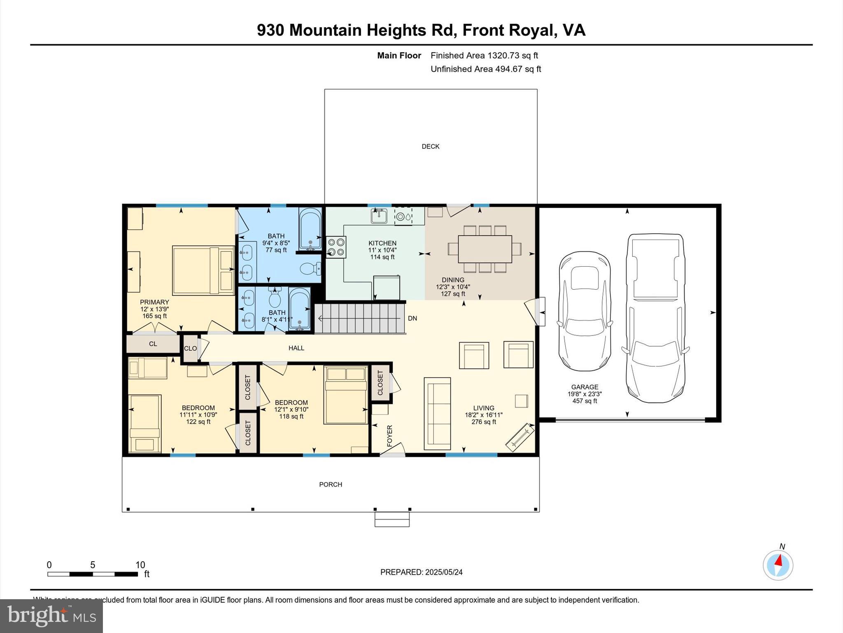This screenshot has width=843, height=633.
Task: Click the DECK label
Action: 431,146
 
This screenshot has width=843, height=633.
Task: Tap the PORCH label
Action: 331,484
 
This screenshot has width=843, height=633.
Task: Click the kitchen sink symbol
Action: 379,216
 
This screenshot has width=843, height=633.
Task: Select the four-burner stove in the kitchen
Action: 336,247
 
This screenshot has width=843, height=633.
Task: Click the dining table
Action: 485,249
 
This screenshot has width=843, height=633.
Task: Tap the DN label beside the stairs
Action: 412,318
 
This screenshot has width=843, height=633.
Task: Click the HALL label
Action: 296,348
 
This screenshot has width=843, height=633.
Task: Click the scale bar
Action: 93,574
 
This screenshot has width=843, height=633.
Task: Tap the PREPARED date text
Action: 421,572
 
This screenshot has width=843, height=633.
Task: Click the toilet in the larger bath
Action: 310,269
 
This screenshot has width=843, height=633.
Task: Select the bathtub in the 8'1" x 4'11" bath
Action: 299,309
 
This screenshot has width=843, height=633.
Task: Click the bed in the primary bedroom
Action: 203,270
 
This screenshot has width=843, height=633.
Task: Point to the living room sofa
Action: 437,413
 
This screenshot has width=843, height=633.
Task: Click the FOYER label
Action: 390,436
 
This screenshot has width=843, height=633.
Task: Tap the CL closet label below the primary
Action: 153,344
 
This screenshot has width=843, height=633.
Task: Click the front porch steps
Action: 392,519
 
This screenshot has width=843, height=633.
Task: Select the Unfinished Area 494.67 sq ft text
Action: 486,69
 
